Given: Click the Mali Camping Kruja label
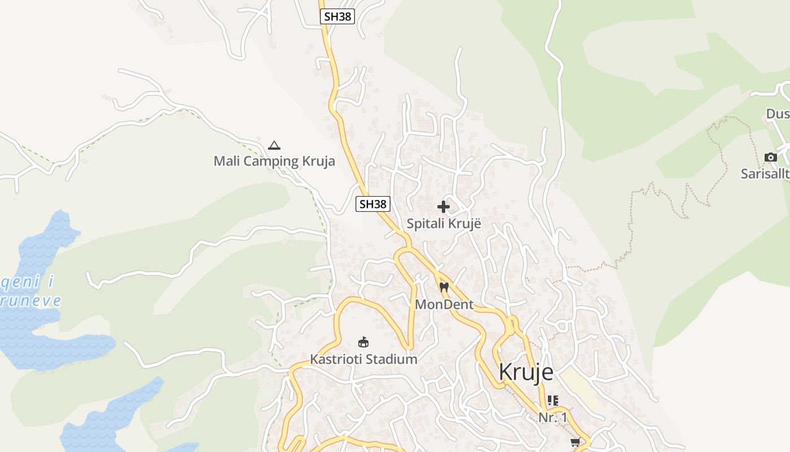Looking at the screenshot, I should click(x=274, y=161).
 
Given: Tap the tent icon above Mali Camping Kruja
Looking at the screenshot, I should click(x=274, y=146).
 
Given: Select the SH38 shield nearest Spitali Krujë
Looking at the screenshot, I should click(x=373, y=204).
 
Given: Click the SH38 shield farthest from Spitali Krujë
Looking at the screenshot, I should click(x=337, y=16).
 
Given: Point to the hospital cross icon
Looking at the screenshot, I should click(x=444, y=207).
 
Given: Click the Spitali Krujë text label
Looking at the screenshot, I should click(x=444, y=223).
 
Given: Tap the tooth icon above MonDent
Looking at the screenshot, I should click(x=444, y=287).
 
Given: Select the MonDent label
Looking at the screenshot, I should click(x=444, y=305).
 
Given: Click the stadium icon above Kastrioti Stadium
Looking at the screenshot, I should click(x=363, y=342).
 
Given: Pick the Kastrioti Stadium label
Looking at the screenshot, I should click(x=363, y=359).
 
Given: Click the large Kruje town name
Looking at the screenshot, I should click(x=526, y=372).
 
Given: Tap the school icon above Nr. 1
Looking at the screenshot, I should click(x=552, y=401).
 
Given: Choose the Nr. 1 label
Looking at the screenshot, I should click(x=552, y=418).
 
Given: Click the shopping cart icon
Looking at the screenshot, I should click(x=575, y=442).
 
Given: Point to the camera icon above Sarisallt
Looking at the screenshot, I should click(x=770, y=157).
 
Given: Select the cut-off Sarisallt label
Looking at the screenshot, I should click(x=765, y=174).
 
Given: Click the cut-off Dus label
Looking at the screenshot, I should click(x=778, y=114).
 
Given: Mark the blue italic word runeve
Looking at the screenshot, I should click(x=30, y=300).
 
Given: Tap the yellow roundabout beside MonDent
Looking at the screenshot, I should click(x=511, y=325).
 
